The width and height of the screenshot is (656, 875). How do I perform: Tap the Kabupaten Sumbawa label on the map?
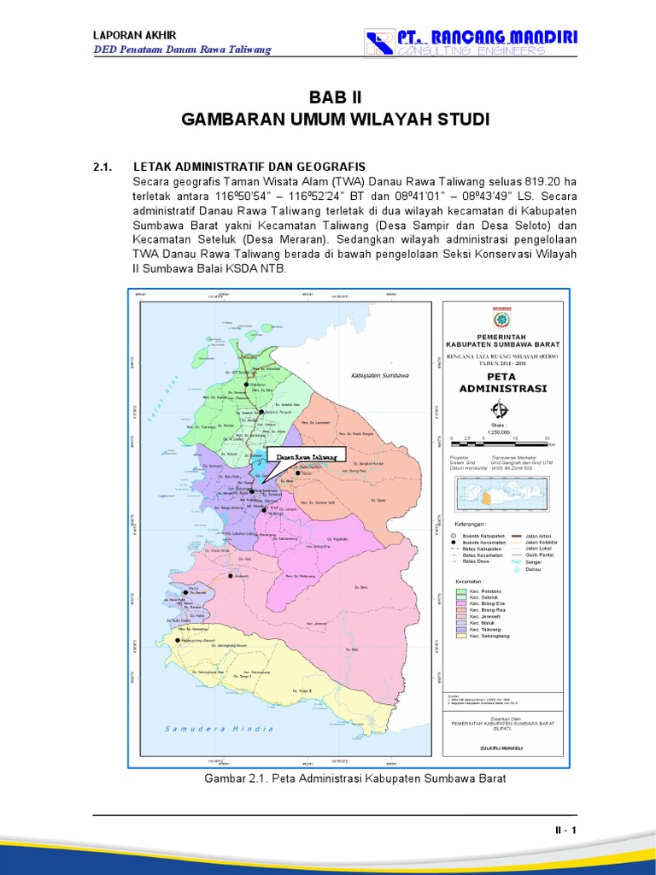coord(380,376)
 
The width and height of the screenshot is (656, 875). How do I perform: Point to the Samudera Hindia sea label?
coord(220,728)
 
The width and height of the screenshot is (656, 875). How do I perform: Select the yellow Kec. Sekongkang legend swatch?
coord(461,636)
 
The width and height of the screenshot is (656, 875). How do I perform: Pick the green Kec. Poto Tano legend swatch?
coord(461,590)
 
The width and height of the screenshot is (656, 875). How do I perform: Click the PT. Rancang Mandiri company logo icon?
coord(378,44)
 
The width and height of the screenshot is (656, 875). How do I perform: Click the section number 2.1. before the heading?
coord(104,166)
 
